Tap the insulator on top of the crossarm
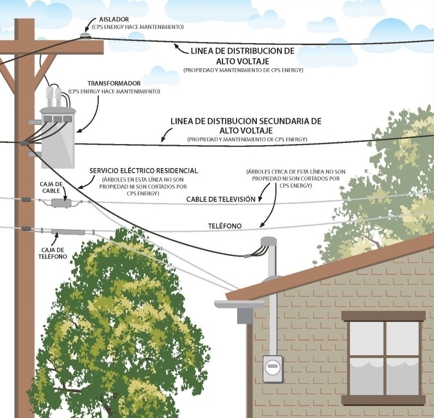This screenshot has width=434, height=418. pyautogui.click(x=85, y=36)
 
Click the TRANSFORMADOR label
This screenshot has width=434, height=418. pyautogui.click(x=114, y=83)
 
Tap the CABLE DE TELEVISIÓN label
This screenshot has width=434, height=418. pyautogui.click(x=220, y=199)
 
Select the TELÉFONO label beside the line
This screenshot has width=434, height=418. pyautogui.click(x=225, y=225)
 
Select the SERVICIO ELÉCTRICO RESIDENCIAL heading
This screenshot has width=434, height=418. pyautogui.click(x=143, y=171)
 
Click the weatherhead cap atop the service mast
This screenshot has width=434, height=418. pyautogui.click(x=268, y=241)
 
